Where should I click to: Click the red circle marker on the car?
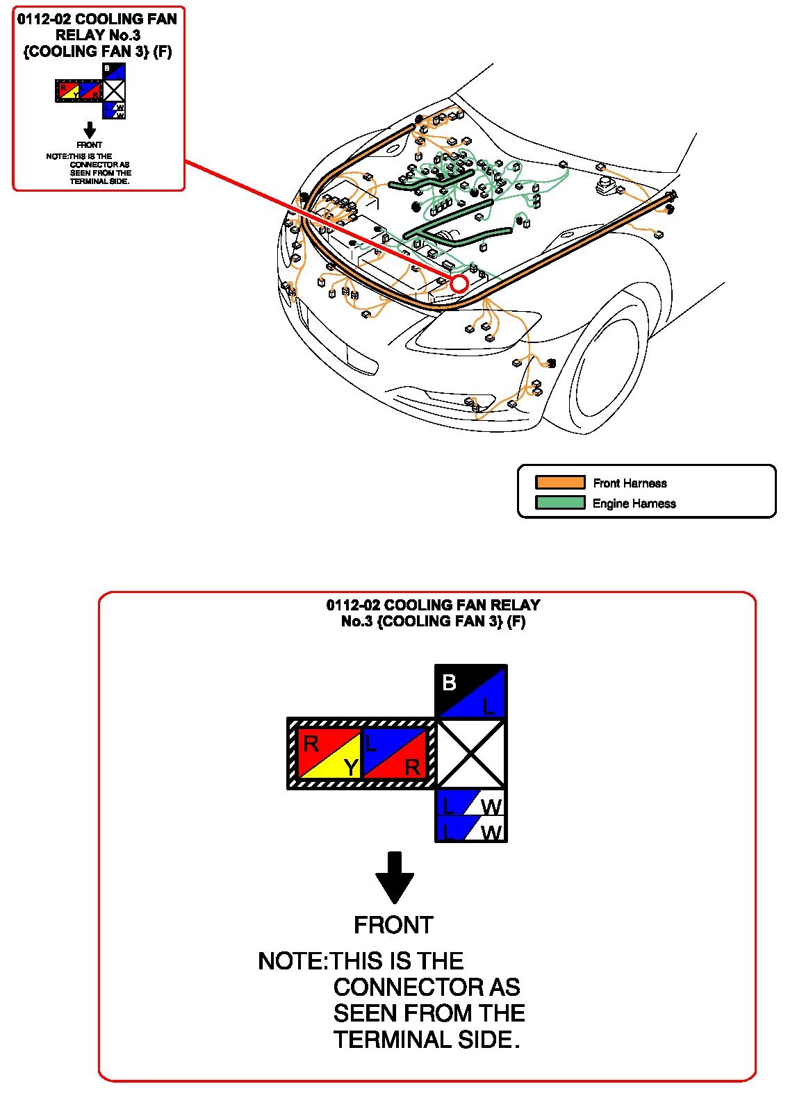pyautogui.click(x=459, y=283)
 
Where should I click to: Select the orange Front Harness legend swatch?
pyautogui.click(x=559, y=483)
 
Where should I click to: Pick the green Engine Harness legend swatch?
pyautogui.click(x=559, y=503)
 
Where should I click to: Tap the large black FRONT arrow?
pyautogui.click(x=395, y=876)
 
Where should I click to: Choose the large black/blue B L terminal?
pyautogui.click(x=471, y=692)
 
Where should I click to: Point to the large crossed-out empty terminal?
pyautogui.click(x=471, y=753)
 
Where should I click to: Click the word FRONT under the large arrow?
pyautogui.click(x=393, y=925)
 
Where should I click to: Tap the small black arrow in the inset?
pyautogui.click(x=89, y=130)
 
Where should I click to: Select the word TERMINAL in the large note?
pyautogui.click(x=391, y=1040)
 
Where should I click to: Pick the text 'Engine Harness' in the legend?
pyautogui.click(x=634, y=503)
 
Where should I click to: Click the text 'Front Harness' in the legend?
pyautogui.click(x=630, y=483)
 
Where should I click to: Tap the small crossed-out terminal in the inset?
pyautogui.click(x=114, y=91)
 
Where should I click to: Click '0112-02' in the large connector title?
pyautogui.click(x=352, y=605)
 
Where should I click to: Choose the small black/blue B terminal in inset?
pyautogui.click(x=114, y=72)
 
